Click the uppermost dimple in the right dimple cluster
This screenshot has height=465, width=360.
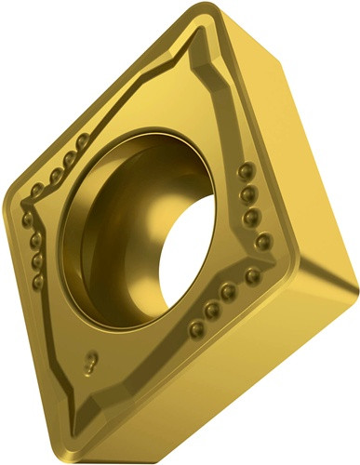pos(246,170)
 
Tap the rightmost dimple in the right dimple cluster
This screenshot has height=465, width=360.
pos(254,275)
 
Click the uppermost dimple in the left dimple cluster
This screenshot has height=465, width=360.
pos(82,141)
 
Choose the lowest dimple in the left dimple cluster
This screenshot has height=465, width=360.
pos(38,280)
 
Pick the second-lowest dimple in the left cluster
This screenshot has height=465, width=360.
pos(36,259)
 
